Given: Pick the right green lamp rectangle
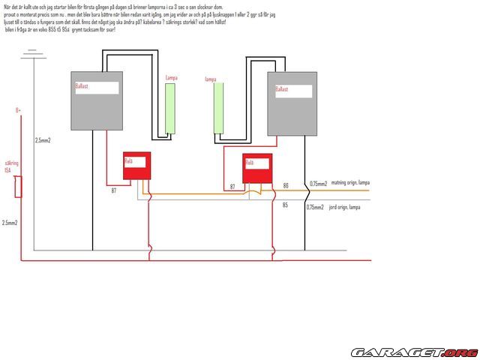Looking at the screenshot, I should [220, 107].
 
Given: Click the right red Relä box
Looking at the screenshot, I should [256, 167].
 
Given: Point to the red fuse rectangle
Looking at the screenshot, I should [18, 187].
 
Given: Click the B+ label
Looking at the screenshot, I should [18, 110].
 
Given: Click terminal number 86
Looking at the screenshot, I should [285, 185].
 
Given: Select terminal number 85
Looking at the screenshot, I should [285, 204].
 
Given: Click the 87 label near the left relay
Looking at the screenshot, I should [114, 190].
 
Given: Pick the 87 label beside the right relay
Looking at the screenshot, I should [232, 186].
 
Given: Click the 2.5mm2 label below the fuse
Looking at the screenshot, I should [10, 223].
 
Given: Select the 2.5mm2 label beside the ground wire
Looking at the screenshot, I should [43, 140].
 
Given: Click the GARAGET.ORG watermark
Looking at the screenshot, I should [414, 352].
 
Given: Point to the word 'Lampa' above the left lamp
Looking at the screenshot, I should [172, 78].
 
